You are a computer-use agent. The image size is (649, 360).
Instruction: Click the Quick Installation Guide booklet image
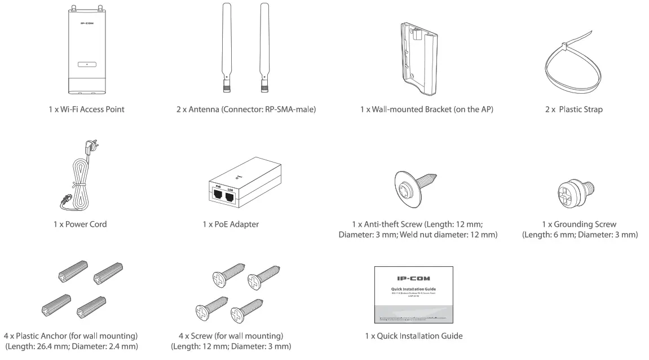click(x=413, y=294)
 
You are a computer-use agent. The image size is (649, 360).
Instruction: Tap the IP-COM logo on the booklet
click(x=413, y=278)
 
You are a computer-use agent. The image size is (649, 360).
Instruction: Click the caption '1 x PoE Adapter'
click(x=231, y=225)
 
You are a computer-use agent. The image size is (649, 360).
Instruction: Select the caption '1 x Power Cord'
click(x=77, y=225)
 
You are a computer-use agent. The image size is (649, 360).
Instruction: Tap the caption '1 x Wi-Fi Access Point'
click(x=86, y=109)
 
